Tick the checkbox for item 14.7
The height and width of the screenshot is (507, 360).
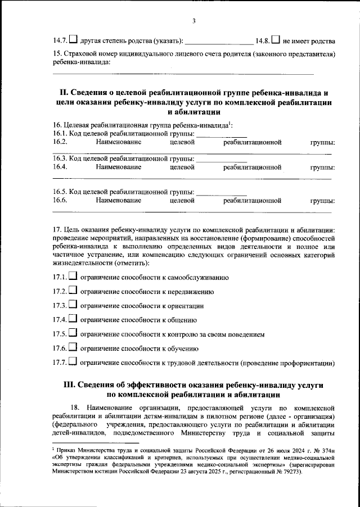tap(73, 40)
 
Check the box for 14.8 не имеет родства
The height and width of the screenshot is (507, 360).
tap(276, 40)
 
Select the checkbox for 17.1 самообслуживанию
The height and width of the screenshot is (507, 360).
tap(73, 277)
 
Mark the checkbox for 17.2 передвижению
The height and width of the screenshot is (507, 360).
tap(73, 291)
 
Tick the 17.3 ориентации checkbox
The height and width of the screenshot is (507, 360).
tap(73, 305)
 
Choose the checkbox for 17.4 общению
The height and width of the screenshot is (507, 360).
tap(73, 320)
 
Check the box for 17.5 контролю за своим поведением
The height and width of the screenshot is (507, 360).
tap(73, 334)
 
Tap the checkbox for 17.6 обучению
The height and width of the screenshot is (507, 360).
tap(73, 348)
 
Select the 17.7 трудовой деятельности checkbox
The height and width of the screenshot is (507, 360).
tap(73, 363)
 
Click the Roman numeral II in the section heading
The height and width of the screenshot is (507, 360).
tap(64, 92)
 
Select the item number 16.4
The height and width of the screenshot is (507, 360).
tap(60, 167)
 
